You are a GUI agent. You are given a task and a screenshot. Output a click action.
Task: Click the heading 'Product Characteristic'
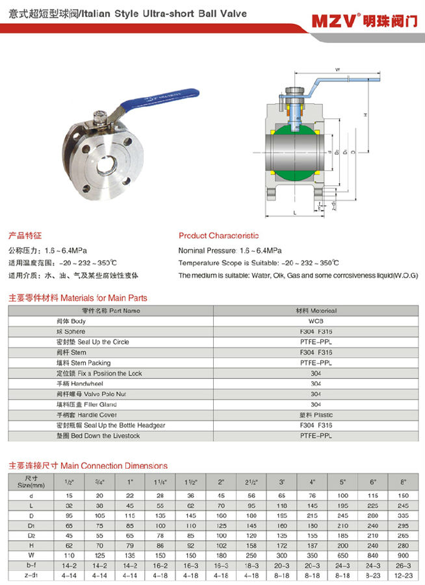tap(218, 235)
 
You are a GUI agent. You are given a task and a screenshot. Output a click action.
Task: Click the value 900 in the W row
tap(404, 556)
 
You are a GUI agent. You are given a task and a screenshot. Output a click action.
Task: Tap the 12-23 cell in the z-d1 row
tap(404, 577)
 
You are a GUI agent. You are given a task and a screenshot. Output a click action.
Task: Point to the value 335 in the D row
tap(404, 515)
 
